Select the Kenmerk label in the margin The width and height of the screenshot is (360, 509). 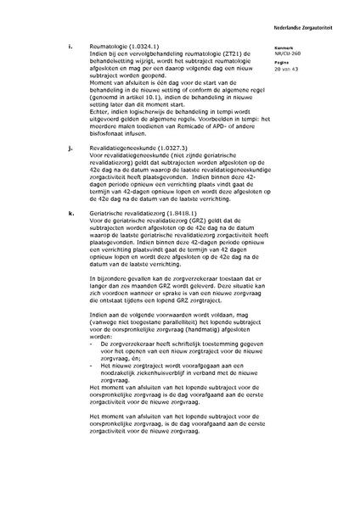(284, 48)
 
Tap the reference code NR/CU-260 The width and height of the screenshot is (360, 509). (290, 53)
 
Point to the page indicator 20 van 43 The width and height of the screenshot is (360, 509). (288, 68)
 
